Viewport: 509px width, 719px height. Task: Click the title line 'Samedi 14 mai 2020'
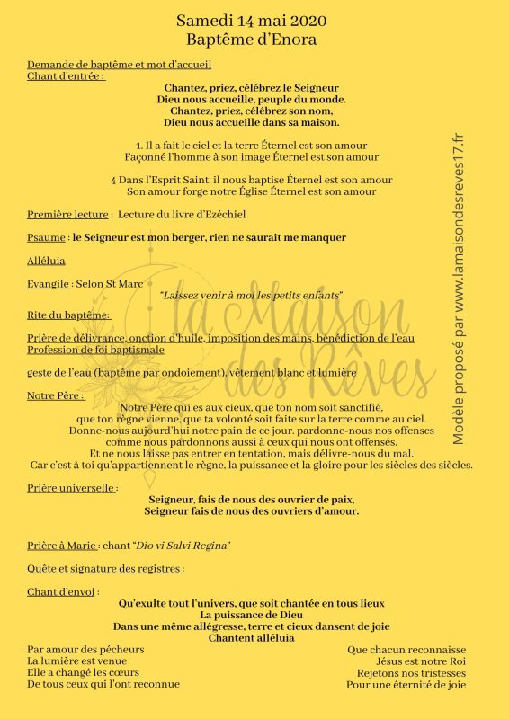click(251, 20)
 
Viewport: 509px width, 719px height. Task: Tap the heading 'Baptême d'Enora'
click(251, 40)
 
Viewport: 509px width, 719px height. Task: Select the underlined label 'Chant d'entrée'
click(65, 76)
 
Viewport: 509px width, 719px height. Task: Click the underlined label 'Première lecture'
click(68, 215)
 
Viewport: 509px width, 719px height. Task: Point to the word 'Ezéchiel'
click(220, 215)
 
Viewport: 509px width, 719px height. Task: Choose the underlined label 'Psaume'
click(47, 238)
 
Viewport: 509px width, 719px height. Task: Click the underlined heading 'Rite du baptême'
click(67, 315)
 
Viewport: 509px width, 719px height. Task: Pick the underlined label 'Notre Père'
click(55, 395)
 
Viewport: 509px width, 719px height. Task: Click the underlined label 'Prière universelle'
click(71, 488)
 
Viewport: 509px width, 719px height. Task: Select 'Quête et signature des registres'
click(104, 569)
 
